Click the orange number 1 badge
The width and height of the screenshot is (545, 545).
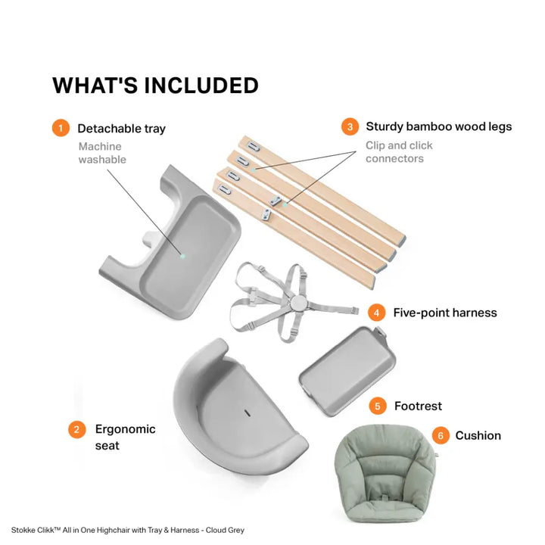(61, 128)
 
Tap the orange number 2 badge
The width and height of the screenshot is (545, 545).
(76, 430)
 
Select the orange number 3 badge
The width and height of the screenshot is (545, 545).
(350, 126)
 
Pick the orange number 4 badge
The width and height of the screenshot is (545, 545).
(377, 313)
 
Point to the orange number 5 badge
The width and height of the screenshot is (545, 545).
(378, 406)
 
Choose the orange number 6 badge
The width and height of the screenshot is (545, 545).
(441, 435)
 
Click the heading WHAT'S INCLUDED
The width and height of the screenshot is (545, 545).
(155, 86)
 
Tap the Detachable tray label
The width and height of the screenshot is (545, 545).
(122, 129)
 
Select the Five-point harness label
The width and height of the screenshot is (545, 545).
(445, 313)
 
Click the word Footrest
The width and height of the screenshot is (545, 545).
(418, 406)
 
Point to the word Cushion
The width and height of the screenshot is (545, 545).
(478, 435)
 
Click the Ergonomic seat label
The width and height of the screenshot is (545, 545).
(125, 438)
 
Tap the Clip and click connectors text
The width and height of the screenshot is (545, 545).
(399, 152)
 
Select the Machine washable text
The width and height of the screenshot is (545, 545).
(102, 153)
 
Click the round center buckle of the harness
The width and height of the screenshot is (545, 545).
(298, 303)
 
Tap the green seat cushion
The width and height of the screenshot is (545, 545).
(385, 475)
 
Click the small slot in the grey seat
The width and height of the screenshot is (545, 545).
(247, 413)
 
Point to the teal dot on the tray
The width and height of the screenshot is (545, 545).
(183, 256)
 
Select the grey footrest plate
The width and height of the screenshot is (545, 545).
(347, 370)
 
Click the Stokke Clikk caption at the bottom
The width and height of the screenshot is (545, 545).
(128, 530)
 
